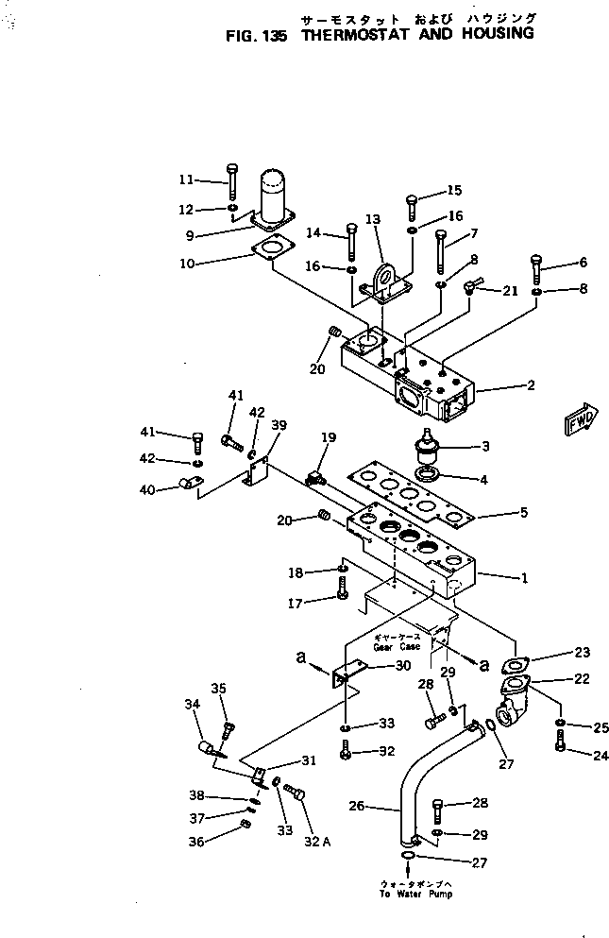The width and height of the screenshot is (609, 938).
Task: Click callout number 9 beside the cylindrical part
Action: [x=190, y=235]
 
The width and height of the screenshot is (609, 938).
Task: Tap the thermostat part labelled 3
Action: [x=426, y=443]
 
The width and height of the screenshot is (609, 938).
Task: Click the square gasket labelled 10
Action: [x=273, y=250]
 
